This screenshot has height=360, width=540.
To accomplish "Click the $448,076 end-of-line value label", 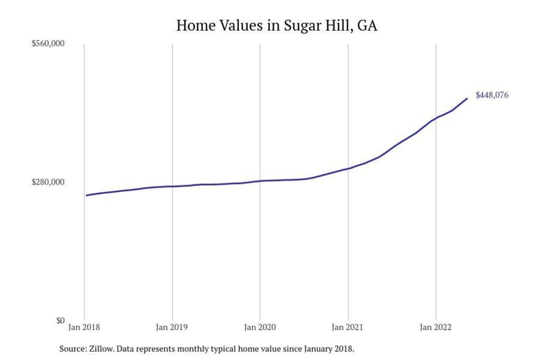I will (x=492, y=95).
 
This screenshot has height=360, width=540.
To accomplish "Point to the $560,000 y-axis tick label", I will (x=48, y=43).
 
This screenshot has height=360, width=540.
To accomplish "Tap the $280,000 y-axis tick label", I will (x=48, y=182).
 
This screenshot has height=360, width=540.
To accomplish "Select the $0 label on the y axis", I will (x=60, y=321).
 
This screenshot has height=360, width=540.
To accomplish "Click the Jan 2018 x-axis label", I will (x=84, y=327).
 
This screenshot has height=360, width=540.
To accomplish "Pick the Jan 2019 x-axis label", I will (x=172, y=327).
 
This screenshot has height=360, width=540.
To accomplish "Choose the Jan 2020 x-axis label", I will (x=260, y=327).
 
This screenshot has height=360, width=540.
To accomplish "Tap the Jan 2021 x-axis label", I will (x=348, y=327).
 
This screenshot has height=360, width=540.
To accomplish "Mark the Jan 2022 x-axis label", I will (x=435, y=327).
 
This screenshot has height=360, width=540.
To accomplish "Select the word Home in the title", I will (x=195, y=25).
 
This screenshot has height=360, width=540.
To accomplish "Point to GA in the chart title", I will (x=367, y=25).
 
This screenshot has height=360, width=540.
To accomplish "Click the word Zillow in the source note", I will (x=101, y=349).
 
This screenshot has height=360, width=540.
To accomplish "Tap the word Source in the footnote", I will (x=72, y=349).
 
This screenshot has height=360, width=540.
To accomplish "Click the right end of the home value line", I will (x=467, y=99).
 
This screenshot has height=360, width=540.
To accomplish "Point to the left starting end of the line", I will (x=86, y=195).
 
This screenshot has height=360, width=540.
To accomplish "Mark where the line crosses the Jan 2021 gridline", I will (x=348, y=168).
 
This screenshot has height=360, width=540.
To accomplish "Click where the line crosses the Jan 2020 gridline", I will (x=260, y=181).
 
